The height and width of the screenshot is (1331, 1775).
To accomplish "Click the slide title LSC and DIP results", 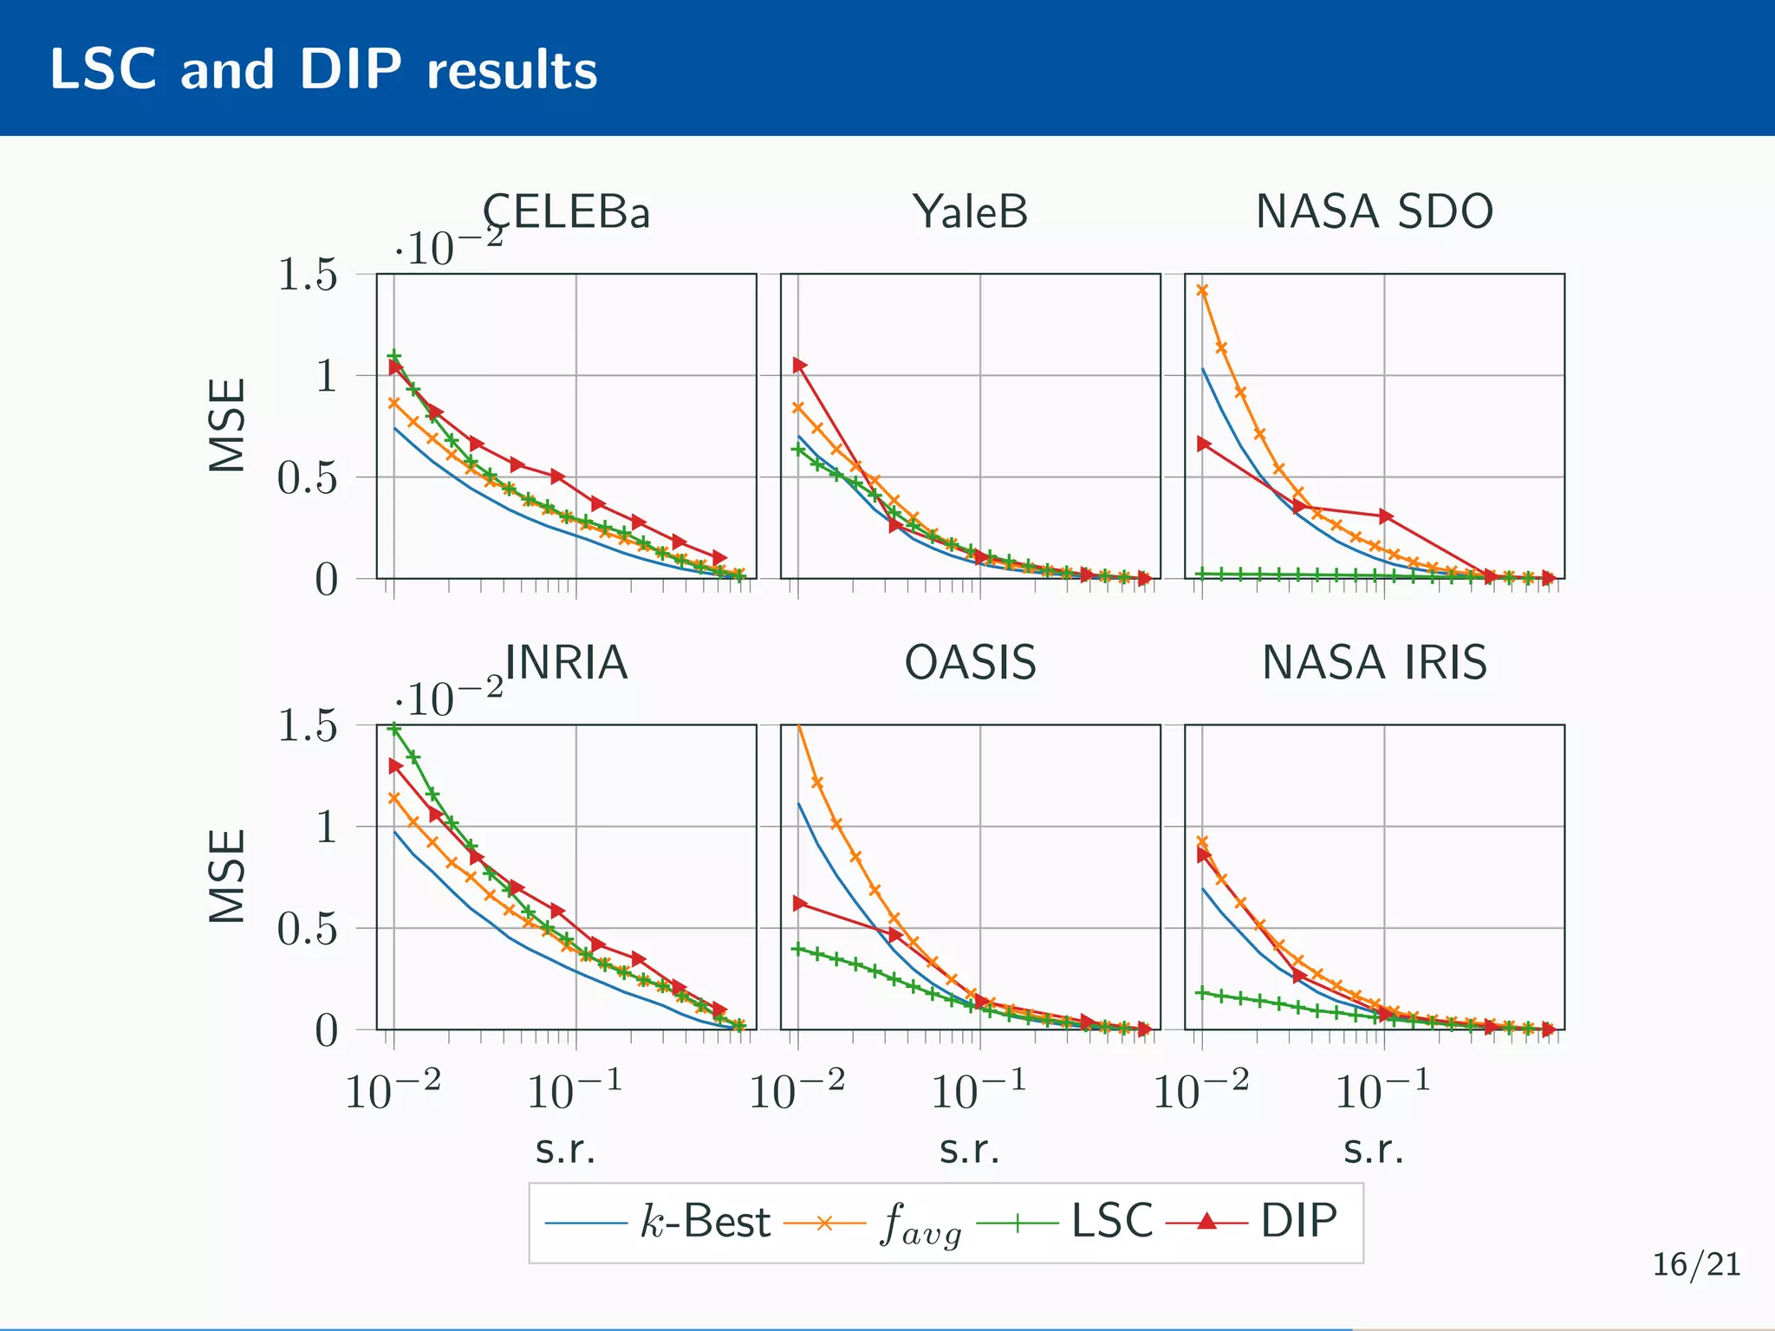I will tap(322, 69).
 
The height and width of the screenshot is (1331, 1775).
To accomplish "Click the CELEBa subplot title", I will tap(566, 211).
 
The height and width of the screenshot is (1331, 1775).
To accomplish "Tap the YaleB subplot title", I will tap(970, 211).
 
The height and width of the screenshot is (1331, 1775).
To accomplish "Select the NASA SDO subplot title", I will tap(1374, 211).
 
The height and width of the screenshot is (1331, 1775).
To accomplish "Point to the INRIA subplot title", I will tap(566, 663).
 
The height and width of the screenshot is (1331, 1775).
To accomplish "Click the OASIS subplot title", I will tap(970, 663).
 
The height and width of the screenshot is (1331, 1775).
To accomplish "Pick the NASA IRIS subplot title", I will tap(1374, 663).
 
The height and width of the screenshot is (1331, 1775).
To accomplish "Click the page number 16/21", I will tap(1696, 1264).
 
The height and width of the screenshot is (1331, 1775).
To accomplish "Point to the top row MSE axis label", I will tap(228, 425).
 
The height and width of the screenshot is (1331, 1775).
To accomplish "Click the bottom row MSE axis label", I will tap(228, 876).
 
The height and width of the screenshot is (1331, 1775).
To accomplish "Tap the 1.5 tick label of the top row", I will tap(307, 275).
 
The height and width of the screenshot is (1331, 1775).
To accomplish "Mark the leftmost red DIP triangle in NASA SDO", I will tap(1203, 444).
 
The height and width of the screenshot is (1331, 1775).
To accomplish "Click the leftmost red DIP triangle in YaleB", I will tap(799, 366).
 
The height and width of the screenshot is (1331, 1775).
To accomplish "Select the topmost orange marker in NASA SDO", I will tap(1202, 290).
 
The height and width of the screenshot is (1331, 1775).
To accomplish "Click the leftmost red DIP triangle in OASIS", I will tap(799, 904).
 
